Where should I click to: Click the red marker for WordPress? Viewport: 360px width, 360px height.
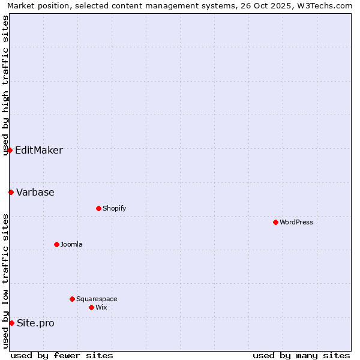(275, 222)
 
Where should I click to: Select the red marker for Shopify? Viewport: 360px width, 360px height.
(98, 208)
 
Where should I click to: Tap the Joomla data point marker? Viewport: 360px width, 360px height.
(56, 244)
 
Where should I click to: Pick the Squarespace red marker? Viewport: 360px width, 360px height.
(72, 299)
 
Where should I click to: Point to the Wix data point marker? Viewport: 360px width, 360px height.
(91, 307)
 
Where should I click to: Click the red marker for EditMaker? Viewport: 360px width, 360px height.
(10, 150)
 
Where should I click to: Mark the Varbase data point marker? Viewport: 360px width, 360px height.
(11, 192)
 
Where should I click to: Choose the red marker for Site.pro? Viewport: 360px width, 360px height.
(11, 323)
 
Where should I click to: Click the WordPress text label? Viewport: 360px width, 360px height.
(296, 222)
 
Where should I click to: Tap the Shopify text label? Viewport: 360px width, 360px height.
(114, 208)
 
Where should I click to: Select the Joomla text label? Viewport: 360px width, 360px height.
(71, 244)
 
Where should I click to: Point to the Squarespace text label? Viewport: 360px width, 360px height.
(97, 299)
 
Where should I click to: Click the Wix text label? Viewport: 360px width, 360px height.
(101, 307)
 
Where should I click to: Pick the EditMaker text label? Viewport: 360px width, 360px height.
(38, 150)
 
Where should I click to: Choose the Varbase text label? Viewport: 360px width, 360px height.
(35, 192)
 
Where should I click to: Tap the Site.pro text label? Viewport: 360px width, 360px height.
(35, 323)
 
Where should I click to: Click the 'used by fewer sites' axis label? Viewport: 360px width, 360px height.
(62, 355)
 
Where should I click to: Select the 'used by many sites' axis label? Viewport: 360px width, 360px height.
(301, 355)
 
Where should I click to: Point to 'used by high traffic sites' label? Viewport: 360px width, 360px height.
(5, 85)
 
